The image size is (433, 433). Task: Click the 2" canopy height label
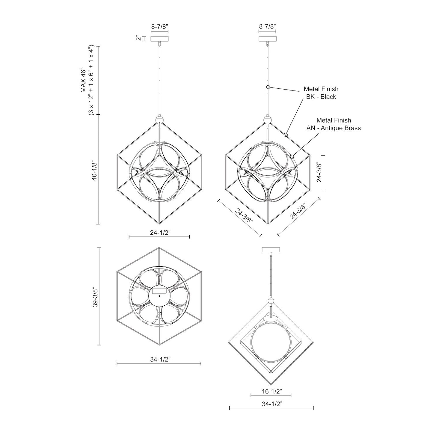click(x=138, y=39)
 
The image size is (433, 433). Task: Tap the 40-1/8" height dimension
click(x=94, y=171)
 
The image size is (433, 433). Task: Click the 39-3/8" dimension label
click(x=95, y=297)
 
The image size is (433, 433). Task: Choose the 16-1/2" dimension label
click(x=271, y=391)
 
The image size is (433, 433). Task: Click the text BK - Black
click(x=321, y=97)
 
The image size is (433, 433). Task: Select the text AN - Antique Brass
click(x=333, y=128)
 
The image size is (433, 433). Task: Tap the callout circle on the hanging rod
click(x=268, y=87)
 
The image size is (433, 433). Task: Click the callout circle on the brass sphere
click(x=292, y=156)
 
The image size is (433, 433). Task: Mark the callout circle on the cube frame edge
click(x=286, y=135)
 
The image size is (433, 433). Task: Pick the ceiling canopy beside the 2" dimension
click(x=159, y=39)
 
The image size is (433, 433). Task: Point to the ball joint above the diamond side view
click(x=271, y=301)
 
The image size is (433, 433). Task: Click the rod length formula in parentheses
click(x=91, y=81)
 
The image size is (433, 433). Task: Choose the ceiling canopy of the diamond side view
click(x=271, y=250)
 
